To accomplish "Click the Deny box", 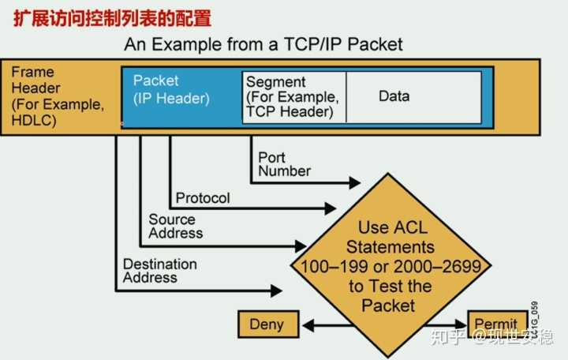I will [266, 324].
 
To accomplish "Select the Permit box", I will [496, 324].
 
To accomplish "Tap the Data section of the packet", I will [394, 96].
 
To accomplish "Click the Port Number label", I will [284, 164].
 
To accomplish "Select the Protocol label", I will [202, 198].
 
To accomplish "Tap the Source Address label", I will [175, 226].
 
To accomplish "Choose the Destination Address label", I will [159, 271].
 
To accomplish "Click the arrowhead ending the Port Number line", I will [353, 182].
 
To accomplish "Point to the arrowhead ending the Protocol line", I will [330, 209].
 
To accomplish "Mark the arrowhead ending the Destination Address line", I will [276, 291].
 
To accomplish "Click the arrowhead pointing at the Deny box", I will [310, 324].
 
